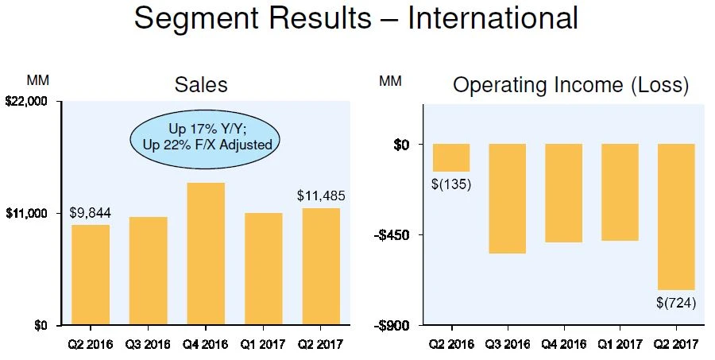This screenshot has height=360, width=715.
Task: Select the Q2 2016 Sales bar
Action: pos(91,275)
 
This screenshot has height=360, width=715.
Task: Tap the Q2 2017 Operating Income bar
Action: pos(677,216)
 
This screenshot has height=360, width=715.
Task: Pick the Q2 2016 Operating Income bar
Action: pos(451,157)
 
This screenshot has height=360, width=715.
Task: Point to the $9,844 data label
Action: pos(90,213)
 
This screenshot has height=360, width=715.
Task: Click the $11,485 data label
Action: pos(321,195)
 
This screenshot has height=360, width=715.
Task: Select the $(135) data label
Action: pos(452,185)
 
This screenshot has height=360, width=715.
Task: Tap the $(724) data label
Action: pos(676,303)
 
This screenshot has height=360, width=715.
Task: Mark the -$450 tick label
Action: pos(394,235)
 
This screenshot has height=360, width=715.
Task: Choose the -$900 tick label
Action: pos(394,326)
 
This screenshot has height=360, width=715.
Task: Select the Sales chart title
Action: pos(200,84)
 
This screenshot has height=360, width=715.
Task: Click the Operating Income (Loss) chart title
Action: pos(570,85)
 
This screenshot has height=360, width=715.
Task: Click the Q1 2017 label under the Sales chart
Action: pos(262,344)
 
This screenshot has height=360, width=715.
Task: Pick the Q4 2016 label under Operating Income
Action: pos(563,344)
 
